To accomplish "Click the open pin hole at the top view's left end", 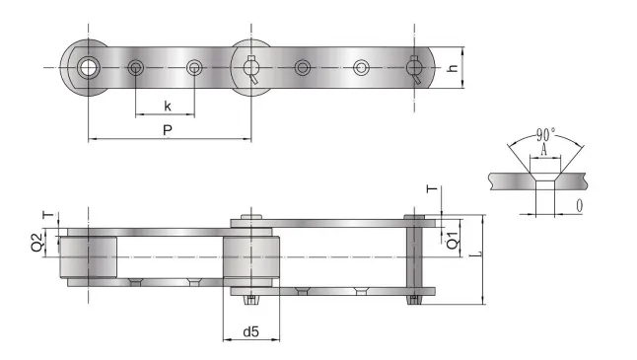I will (x=89, y=67).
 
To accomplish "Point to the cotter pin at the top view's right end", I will (x=417, y=69).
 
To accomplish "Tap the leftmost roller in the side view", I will (x=89, y=255).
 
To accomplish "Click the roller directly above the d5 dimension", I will (x=251, y=258).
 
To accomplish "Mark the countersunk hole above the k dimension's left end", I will (x=136, y=67).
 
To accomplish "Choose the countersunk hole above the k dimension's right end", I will (x=195, y=67).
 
